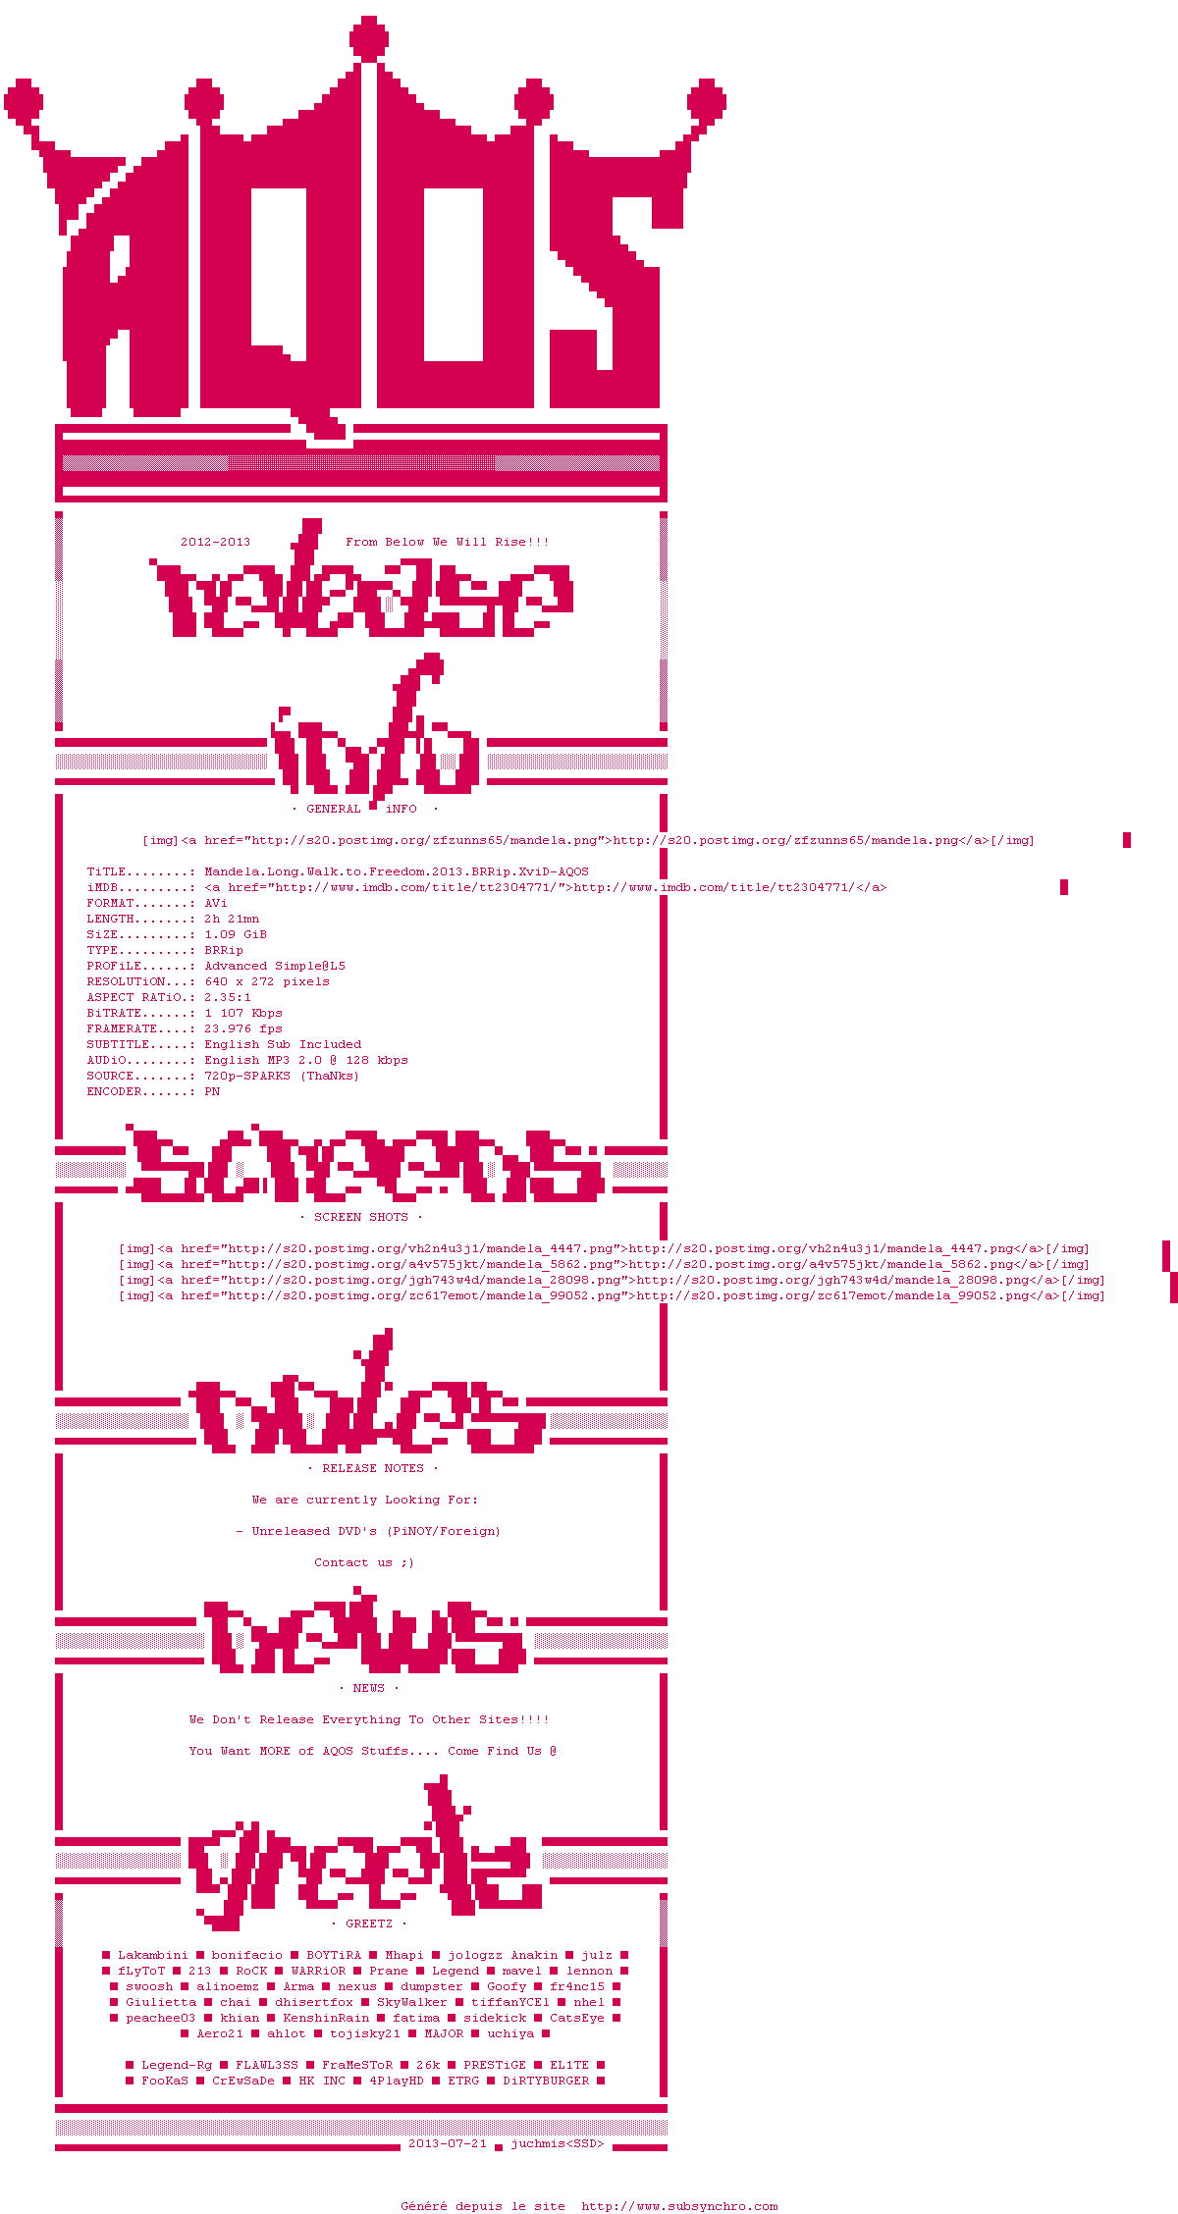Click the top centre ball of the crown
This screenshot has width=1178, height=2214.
369,38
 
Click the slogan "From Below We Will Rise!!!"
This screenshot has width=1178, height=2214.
447,542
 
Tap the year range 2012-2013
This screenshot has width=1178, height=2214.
215,542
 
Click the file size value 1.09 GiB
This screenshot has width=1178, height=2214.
236,934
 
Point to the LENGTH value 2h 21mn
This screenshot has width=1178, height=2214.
232,919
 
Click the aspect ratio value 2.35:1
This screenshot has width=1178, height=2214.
228,997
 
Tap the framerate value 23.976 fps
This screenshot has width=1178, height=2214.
243,1028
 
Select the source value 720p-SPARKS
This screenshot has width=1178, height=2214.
247,1076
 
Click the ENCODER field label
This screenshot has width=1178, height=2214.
114,1091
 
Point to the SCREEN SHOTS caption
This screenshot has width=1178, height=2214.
360,1217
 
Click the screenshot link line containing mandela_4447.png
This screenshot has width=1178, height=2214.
604,1248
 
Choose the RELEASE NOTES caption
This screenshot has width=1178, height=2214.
373,1468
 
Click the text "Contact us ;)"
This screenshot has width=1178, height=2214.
364,1562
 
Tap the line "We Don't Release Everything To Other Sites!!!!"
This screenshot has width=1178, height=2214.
369,1719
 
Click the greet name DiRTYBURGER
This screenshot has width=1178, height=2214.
546,2081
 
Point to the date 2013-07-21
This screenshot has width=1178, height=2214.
448,2143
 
